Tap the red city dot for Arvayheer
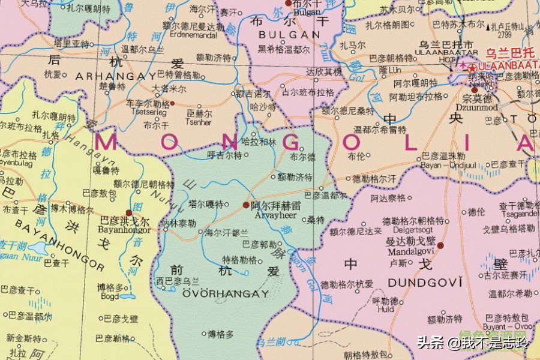pos(246,205)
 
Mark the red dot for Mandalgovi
pos(440,245)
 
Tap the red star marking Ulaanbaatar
pos(473,67)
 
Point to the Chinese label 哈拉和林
pos(259,142)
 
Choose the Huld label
pos(385,310)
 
